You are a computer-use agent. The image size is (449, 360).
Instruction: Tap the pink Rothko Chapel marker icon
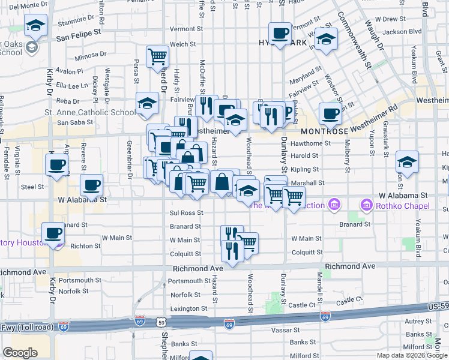(x=366, y=206)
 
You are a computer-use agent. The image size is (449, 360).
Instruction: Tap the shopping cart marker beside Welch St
(x=158, y=58)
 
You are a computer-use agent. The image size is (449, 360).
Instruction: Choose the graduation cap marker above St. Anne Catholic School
(x=147, y=104)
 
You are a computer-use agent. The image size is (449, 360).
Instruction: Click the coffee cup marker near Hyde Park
(x=279, y=33)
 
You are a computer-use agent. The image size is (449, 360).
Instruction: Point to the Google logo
(x=20, y=353)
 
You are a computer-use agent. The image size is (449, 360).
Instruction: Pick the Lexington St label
(x=188, y=308)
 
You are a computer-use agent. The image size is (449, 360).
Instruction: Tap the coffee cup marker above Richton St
(x=52, y=234)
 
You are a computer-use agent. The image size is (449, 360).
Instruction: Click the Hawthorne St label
(x=310, y=143)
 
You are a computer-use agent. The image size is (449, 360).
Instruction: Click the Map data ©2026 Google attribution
(x=412, y=355)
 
